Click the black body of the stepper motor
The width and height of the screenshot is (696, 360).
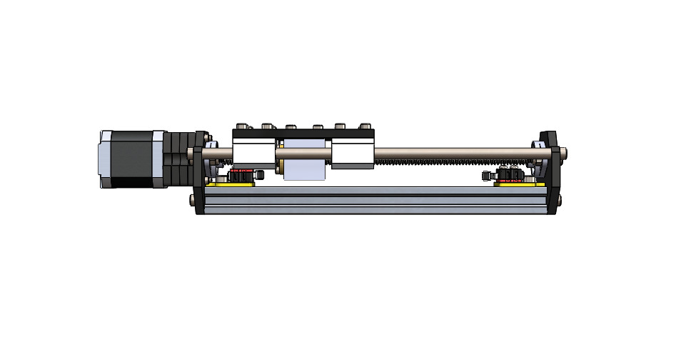tap(133, 159)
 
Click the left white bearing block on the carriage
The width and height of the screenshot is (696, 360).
tap(253, 151)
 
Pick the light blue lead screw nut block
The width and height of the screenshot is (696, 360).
tap(306, 168)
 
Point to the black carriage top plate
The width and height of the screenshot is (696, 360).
tap(303, 134)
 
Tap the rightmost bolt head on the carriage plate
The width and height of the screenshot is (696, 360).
tap(365, 126)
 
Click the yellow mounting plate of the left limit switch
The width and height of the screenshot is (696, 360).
tap(231, 184)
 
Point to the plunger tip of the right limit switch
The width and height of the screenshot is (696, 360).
tap(486, 175)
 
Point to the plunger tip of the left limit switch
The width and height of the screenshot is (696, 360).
tap(261, 174)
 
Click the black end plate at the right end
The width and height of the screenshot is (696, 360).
tap(550, 171)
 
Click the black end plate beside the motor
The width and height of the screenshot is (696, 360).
tap(201, 171)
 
